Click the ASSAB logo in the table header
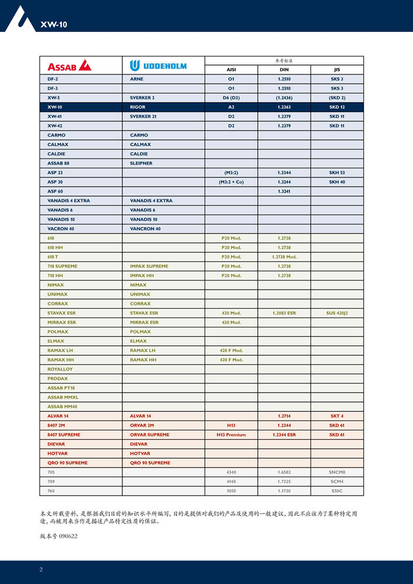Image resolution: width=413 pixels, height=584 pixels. click(x=69, y=65)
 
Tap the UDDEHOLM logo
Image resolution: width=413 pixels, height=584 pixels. click(x=158, y=65)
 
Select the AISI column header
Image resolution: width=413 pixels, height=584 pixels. click(x=231, y=69)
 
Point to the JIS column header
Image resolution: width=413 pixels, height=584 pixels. click(x=337, y=69)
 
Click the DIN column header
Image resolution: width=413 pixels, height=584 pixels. click(x=284, y=69)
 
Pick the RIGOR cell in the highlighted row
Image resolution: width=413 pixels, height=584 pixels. click(x=138, y=107)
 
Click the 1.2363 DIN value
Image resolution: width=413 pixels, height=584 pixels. click(x=284, y=107)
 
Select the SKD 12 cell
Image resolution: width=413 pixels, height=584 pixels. click(x=337, y=107)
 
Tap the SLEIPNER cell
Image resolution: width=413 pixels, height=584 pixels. click(x=141, y=163)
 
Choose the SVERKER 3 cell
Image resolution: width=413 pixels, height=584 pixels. click(x=143, y=98)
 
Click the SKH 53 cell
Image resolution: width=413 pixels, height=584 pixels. click(x=337, y=173)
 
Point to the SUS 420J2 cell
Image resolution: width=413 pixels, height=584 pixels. click(x=337, y=313)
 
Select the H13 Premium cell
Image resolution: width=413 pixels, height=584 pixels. click(x=231, y=435)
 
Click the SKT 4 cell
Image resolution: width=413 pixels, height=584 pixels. click(x=337, y=416)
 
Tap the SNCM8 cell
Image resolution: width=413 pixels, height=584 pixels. click(x=337, y=472)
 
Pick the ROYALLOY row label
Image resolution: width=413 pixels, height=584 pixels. click(x=60, y=369)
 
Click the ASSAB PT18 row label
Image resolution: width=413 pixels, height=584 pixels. click(x=61, y=388)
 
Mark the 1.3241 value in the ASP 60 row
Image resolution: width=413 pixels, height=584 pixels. click(x=284, y=191)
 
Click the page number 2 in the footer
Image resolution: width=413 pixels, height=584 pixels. click(x=41, y=569)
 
